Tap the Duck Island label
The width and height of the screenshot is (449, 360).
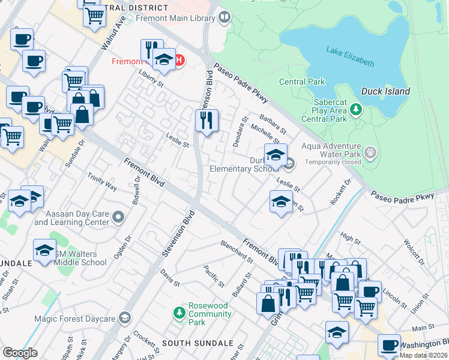385,92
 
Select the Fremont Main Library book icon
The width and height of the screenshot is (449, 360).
224,17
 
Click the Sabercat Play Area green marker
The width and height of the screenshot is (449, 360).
356,109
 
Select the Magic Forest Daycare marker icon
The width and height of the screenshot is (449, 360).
125,317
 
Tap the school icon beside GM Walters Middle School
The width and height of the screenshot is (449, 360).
45,250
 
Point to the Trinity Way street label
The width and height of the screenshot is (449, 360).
101,182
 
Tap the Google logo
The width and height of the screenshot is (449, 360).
20,353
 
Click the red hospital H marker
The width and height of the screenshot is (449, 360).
179,61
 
